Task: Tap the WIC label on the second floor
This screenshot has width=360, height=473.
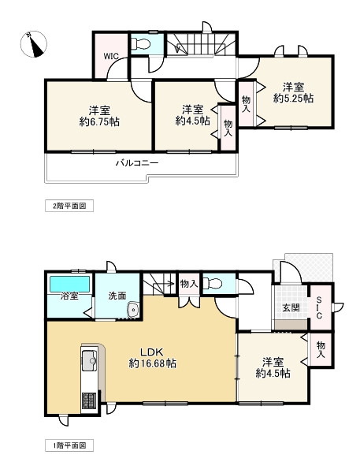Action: [x=109, y=56]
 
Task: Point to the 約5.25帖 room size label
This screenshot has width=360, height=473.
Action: [x=293, y=99]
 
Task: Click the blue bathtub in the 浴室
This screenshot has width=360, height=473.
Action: [x=69, y=282]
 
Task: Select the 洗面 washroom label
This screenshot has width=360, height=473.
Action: [x=117, y=296]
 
